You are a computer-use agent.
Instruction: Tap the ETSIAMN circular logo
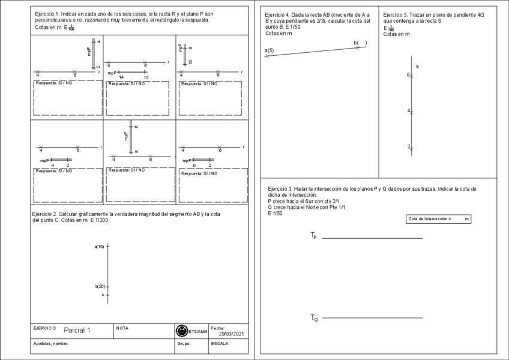181,331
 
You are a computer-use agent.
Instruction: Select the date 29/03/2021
232,334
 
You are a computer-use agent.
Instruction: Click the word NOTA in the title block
122,328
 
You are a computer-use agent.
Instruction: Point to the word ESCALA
220,344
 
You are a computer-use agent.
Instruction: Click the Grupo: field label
184,344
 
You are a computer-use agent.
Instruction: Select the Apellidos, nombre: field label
51,344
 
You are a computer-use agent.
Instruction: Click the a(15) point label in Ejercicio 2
99,247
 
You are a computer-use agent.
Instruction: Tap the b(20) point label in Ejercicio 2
100,286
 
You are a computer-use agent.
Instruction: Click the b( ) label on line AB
360,43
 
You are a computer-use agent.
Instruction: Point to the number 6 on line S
408,75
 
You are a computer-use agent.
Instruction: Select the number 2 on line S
408,146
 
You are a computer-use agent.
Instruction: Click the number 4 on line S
408,111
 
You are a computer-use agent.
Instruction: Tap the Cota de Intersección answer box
438,219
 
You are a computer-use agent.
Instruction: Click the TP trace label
313,236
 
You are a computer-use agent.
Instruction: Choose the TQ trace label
314,317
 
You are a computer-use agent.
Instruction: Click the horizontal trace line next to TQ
372,318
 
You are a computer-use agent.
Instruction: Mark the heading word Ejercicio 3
280,188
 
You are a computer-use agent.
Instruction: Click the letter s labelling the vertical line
417,66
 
